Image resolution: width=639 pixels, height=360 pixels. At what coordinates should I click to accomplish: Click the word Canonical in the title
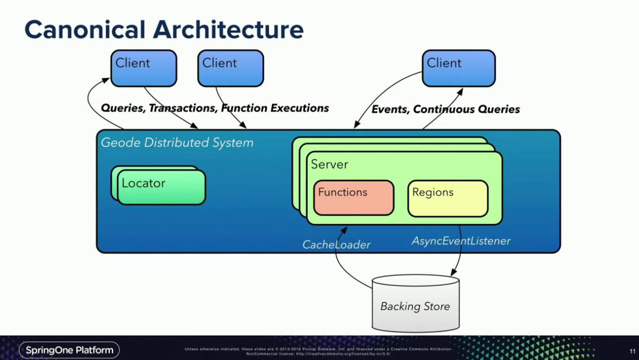click(x=84, y=30)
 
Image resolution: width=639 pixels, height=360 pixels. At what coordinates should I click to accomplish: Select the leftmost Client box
click(x=144, y=68)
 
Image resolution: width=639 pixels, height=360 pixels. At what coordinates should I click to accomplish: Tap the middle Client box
click(x=230, y=68)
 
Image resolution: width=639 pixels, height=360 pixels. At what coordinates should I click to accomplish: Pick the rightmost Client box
click(x=459, y=68)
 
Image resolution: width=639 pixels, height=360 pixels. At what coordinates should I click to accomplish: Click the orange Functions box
click(x=354, y=198)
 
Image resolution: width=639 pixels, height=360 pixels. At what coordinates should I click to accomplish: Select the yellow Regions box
click(x=448, y=198)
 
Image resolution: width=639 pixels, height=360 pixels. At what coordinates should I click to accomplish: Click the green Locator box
click(x=161, y=187)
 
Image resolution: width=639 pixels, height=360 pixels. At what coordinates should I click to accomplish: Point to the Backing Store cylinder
click(x=415, y=303)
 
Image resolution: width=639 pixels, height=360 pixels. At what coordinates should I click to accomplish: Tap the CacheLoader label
click(x=336, y=245)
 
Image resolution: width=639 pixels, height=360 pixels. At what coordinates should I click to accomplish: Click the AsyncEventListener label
click(x=461, y=241)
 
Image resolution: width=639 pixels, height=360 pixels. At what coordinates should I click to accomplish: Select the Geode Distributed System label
click(x=177, y=143)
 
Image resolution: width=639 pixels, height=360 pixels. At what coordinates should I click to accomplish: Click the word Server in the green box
click(x=330, y=165)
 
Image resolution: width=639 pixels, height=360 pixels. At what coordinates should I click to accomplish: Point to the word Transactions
click(x=182, y=108)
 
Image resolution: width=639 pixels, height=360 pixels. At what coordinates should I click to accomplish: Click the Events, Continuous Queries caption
click(x=446, y=110)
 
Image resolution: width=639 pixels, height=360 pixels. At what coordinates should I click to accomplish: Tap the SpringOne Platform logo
click(x=69, y=350)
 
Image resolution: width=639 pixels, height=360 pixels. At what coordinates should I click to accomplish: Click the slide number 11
click(x=632, y=351)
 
